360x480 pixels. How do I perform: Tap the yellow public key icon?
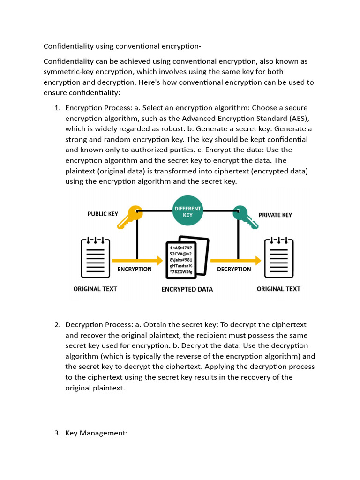129,216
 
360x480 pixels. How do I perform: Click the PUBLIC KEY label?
103,214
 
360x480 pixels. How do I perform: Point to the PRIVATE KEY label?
275,215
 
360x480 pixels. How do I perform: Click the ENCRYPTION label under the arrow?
134,269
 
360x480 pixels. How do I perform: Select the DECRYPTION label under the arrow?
234,269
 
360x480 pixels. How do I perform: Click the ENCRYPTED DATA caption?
187,289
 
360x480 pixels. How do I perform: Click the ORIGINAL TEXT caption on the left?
95,289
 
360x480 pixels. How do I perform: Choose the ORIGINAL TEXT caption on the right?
278,289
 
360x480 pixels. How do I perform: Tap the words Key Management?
96,433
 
